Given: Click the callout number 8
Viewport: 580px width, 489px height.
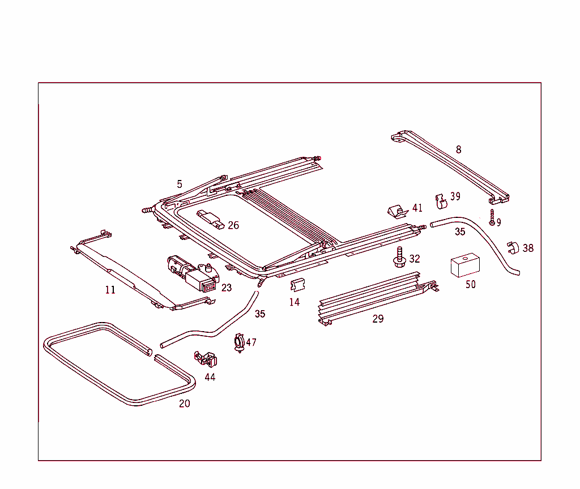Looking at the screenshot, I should click(458, 150).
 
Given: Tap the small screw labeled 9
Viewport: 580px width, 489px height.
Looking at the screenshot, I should click(492, 217).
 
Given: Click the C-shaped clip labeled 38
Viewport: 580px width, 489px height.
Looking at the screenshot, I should click(512, 248).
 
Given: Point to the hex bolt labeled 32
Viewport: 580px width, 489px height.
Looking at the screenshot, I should click(400, 258).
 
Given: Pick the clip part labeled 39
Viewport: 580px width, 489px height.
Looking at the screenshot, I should click(441, 200).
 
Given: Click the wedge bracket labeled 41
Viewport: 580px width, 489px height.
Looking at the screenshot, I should click(398, 211).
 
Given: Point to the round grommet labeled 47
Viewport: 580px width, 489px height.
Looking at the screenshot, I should click(239, 343).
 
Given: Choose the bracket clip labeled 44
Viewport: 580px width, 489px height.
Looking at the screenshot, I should click(207, 359).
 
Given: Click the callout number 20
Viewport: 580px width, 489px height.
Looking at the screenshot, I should click(185, 404).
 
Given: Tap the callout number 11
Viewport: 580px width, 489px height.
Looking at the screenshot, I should click(110, 290).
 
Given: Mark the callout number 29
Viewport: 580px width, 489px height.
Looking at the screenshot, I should click(378, 319).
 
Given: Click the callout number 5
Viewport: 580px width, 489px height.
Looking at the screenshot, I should click(180, 184).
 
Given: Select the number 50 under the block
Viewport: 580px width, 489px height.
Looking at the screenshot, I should click(471, 284).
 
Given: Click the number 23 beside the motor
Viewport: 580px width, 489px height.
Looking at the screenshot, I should click(227, 288).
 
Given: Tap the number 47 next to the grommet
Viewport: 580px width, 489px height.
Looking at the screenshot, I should click(251, 342).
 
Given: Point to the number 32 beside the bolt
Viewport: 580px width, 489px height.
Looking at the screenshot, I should click(415, 259).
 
